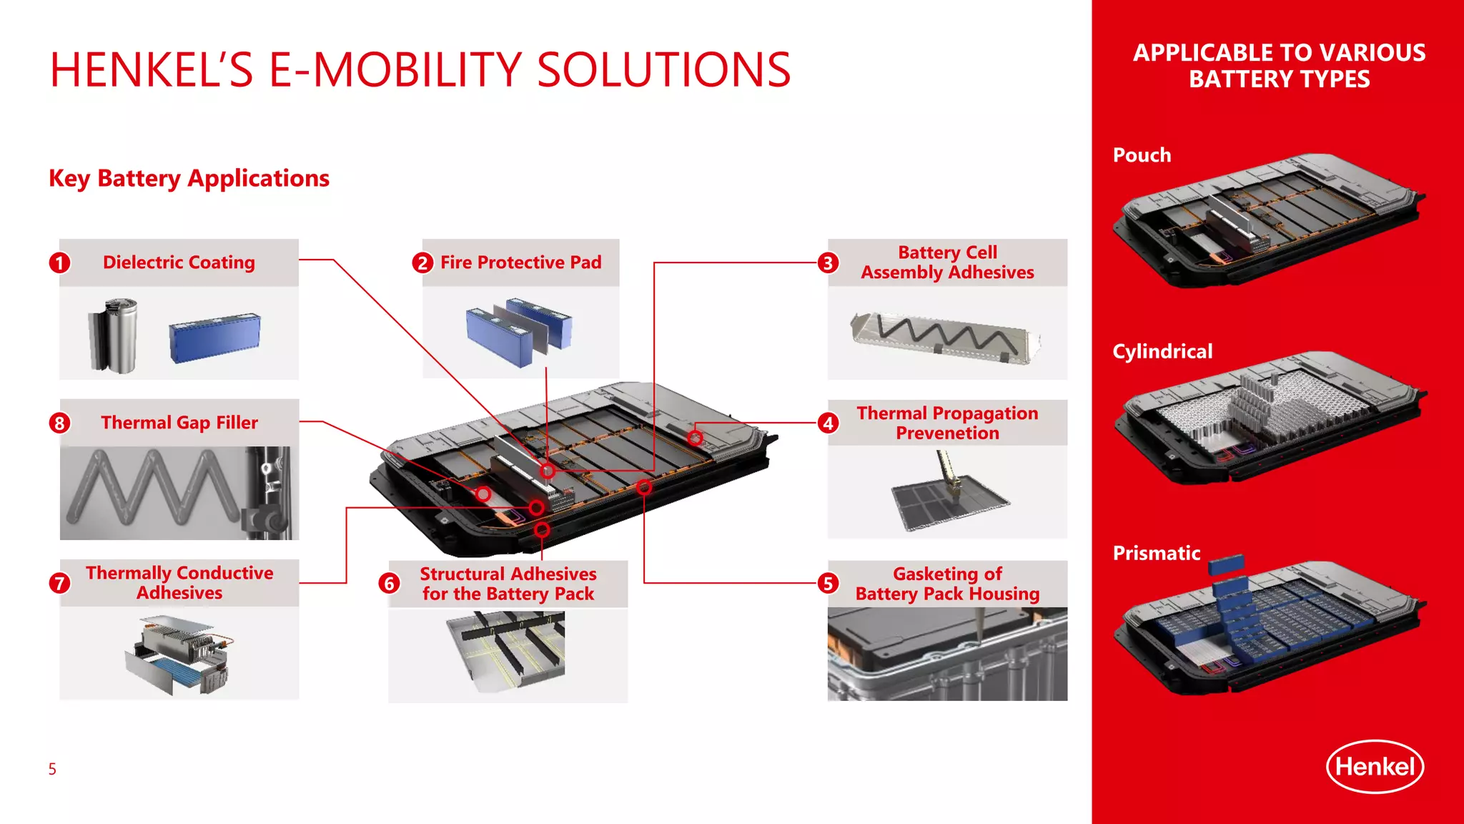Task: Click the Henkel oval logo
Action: pos(1375,767)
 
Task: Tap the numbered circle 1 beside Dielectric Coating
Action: pos(60,263)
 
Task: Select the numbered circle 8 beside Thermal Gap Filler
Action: pos(60,423)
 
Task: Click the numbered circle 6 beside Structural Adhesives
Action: pos(389,584)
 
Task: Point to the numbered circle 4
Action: pos(828,423)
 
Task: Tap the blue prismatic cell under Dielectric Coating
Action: pos(214,338)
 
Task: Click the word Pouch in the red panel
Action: pos(1142,155)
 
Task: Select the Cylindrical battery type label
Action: pos(1162,351)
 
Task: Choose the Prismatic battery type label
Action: pos(1156,553)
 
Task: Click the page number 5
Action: pos(52,769)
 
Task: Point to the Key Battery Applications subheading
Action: pos(189,178)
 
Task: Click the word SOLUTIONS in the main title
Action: pos(663,70)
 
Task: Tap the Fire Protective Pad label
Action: pos(520,263)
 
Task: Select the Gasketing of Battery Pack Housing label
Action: pos(947,584)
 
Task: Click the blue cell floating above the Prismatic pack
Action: pos(1227,565)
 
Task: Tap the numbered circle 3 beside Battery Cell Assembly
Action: pos(828,263)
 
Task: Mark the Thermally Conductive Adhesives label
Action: pos(179,583)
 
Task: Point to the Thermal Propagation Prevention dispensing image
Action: pos(947,494)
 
